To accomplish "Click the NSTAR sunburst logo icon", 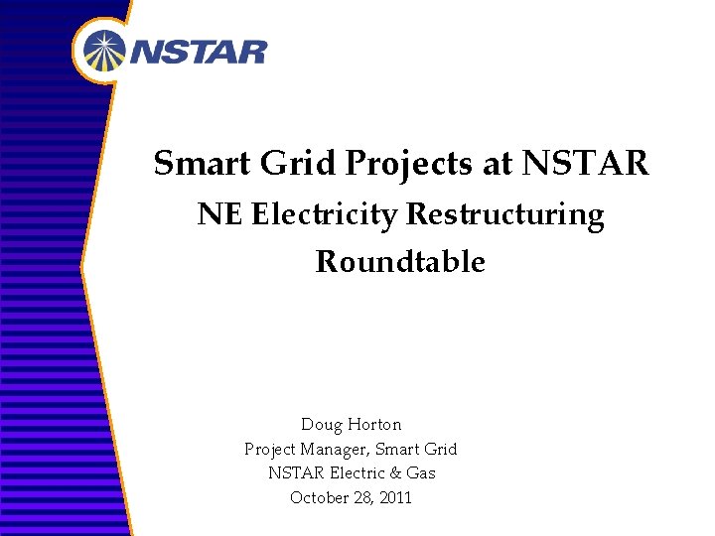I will point(105,51).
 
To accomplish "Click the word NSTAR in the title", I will point(585,163).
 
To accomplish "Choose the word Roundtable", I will point(400,262).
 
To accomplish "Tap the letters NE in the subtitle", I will point(219,215).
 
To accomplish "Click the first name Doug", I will point(321,426).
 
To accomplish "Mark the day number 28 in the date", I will point(363,497).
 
